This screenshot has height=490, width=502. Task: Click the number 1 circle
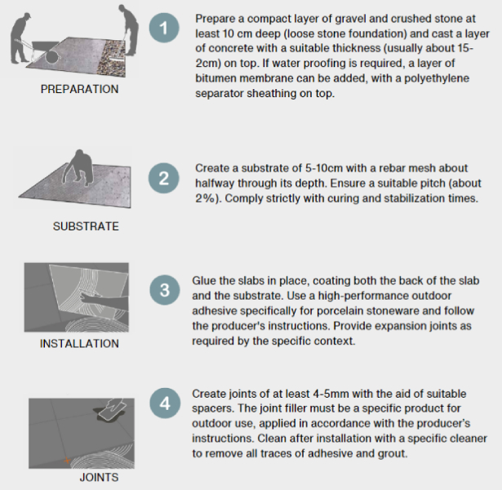tap(164, 28)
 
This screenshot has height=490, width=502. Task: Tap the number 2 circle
tap(163, 178)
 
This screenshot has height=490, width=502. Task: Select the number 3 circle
tap(165, 290)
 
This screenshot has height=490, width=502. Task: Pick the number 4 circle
tap(165, 403)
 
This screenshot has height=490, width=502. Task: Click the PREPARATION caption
tap(79, 89)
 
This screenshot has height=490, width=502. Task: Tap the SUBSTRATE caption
tap(86, 226)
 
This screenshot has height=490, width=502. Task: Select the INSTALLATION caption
tap(79, 344)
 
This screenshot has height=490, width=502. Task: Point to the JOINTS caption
tap(99, 478)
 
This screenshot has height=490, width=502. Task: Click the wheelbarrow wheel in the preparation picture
tap(51, 56)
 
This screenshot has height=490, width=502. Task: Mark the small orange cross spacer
tap(67, 461)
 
